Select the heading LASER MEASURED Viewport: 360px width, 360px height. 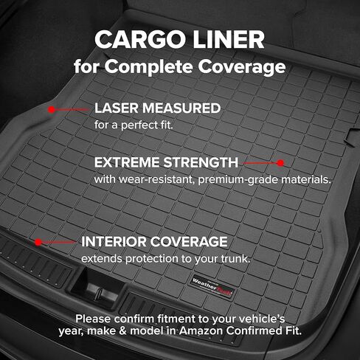(x=157, y=108)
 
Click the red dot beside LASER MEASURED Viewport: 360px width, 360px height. (x=52, y=109)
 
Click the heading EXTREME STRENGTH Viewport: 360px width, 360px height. (x=166, y=162)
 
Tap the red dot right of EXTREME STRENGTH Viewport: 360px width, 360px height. (x=280, y=162)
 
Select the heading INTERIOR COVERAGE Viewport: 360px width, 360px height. (x=154, y=241)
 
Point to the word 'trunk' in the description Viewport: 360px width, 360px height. (x=236, y=259)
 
